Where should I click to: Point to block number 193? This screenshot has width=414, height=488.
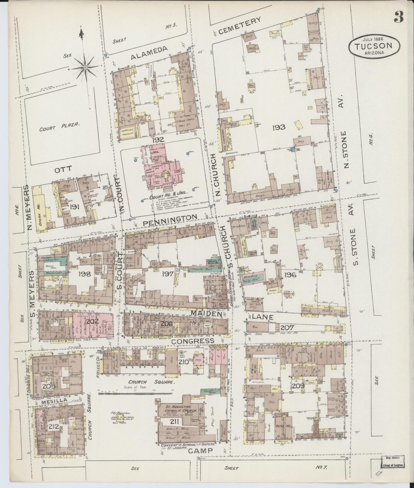tap(278, 127)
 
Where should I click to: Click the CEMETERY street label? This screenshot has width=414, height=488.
tap(240, 26)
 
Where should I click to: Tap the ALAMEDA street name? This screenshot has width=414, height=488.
tap(149, 53)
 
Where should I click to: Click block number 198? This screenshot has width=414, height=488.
tap(85, 274)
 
